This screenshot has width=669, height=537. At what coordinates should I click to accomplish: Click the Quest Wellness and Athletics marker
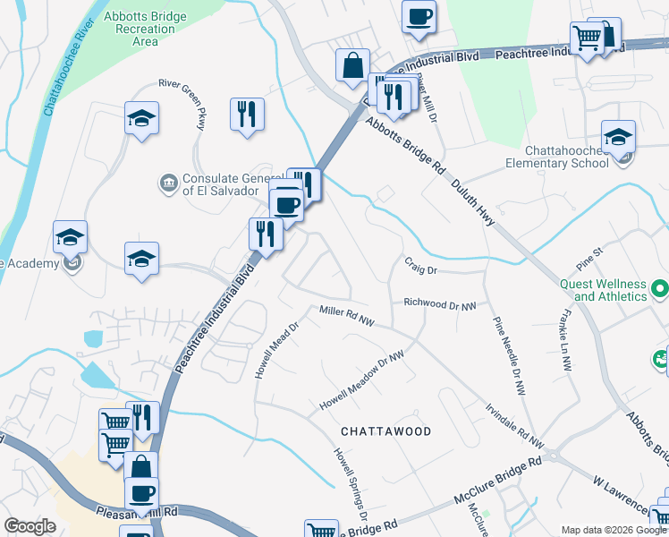(660, 289)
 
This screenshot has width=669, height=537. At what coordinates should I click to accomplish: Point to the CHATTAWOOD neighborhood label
(386, 431)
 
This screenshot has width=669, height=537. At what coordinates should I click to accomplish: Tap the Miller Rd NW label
(347, 312)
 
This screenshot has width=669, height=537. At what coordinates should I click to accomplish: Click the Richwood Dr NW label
(439, 304)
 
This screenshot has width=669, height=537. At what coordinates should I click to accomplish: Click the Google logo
(30, 527)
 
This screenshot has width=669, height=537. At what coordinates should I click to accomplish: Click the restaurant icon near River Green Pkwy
(247, 114)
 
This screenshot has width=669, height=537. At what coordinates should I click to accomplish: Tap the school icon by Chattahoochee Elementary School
(618, 137)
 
